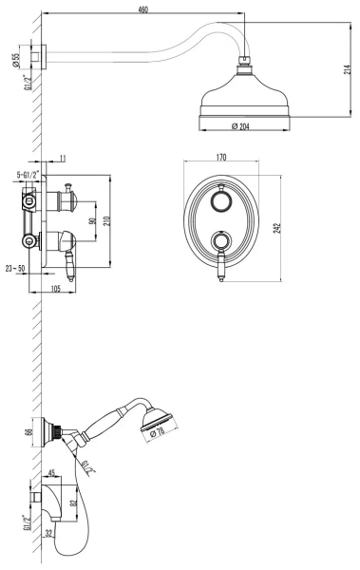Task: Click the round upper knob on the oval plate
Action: coord(220,203)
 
